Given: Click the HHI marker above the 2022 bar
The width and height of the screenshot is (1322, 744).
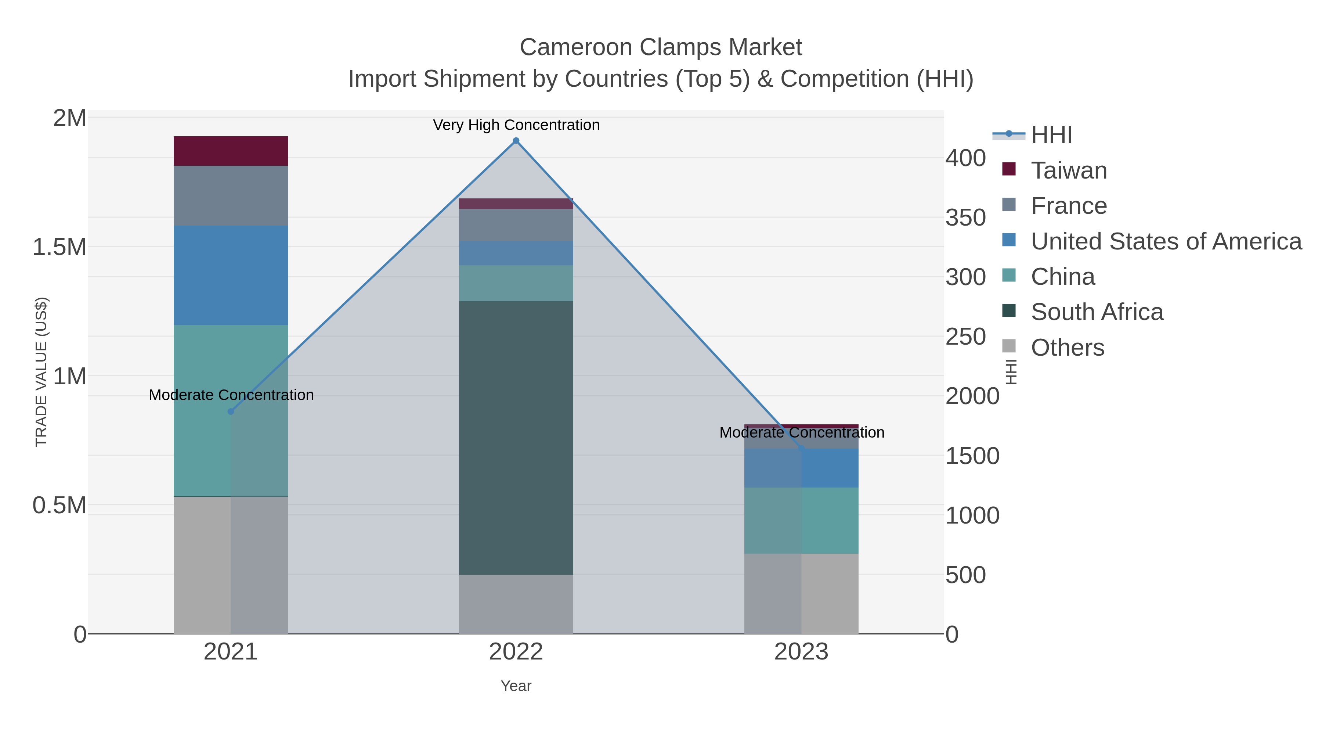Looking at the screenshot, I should (x=516, y=141).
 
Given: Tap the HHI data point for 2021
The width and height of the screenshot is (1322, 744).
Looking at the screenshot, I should (x=230, y=411).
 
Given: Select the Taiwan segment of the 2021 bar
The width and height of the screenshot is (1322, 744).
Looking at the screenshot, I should (x=230, y=151).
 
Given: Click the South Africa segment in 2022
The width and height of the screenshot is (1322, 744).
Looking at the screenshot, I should (x=516, y=438).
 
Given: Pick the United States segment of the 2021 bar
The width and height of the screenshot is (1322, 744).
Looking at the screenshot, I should (x=230, y=275).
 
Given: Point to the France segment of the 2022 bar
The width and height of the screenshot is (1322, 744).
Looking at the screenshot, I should (x=516, y=225).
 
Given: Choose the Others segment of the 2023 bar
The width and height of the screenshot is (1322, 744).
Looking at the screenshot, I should (x=801, y=594).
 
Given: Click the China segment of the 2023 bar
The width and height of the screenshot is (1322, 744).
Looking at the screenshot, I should (x=801, y=520).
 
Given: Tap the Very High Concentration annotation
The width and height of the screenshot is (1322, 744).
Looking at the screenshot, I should (x=516, y=125).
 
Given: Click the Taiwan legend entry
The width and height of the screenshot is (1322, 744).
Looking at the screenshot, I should (x=1069, y=170).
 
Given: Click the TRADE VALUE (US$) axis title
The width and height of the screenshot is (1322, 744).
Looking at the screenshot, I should (x=41, y=372).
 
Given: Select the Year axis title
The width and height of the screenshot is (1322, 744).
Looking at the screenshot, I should (x=516, y=686).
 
